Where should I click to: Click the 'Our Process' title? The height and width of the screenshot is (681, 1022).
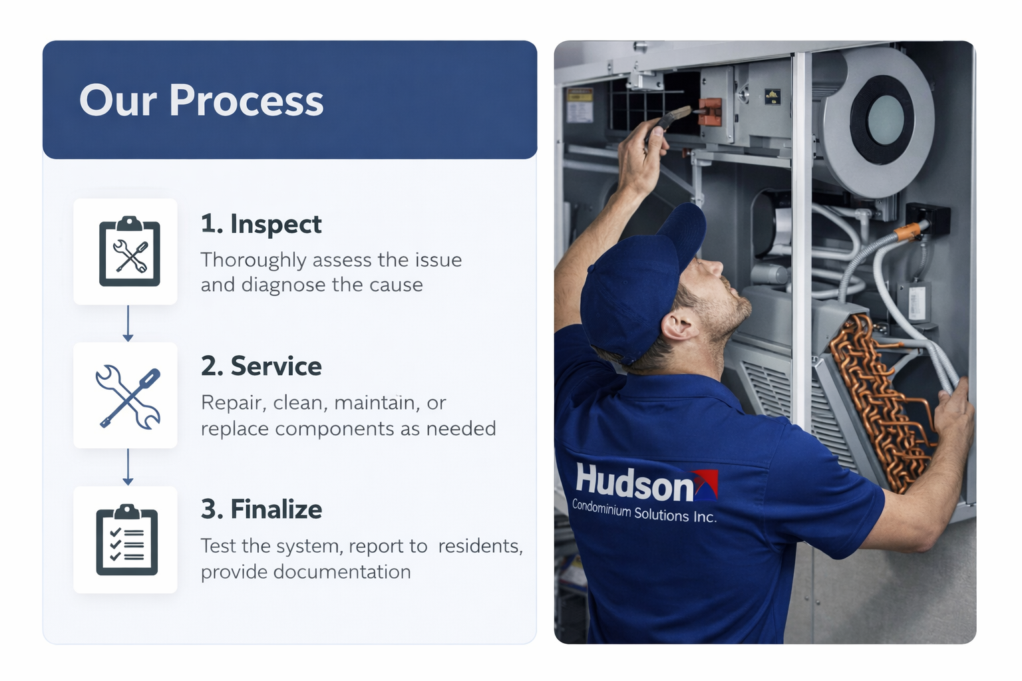[x=201, y=100]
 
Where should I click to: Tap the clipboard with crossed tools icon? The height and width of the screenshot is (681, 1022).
[x=129, y=251]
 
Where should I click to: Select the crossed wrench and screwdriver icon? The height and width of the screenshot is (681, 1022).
[x=128, y=396]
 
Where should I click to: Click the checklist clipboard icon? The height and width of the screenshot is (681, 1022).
[x=126, y=540]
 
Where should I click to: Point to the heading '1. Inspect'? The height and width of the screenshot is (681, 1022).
[x=261, y=224]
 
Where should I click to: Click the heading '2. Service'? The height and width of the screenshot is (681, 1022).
[x=261, y=366]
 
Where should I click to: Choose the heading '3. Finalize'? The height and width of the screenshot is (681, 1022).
[x=261, y=509]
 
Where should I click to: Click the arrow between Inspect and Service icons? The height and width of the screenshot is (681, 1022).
[x=128, y=324]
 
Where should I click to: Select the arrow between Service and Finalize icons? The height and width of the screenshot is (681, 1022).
[x=128, y=467]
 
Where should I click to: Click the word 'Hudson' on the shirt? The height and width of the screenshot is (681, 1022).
[x=634, y=483]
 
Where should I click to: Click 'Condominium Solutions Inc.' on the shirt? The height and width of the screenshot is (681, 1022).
[x=644, y=511]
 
